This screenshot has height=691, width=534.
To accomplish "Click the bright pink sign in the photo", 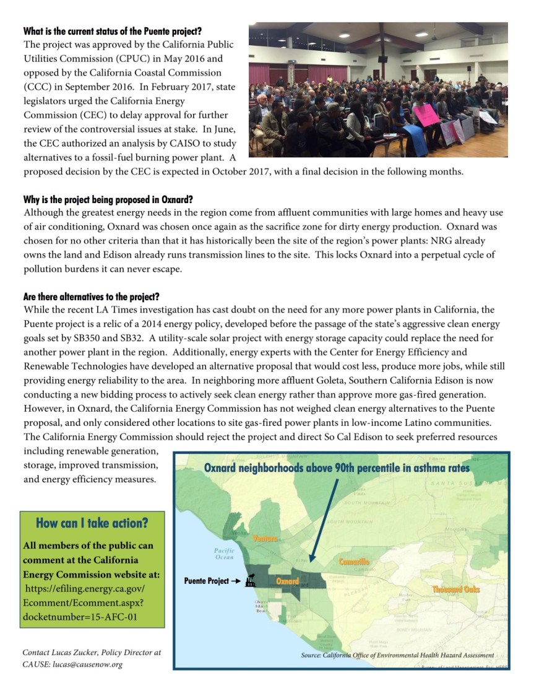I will coord(427,114).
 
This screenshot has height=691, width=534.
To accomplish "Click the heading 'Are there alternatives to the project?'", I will coord(92,297).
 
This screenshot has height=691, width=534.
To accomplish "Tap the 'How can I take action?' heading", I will coord(92,523).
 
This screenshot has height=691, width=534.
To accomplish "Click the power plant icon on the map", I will coord(251,581).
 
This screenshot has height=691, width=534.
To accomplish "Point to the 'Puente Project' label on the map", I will coord(207,581).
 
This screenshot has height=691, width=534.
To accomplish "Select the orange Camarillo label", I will coord(355,562).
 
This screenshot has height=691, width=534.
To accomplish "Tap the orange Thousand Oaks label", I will coord(455,589).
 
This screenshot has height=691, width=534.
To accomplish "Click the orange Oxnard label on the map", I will coord(288,581).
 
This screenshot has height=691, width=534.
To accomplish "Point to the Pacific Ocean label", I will coord(224,554).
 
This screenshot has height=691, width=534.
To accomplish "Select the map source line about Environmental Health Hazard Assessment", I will coord(397,654).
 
